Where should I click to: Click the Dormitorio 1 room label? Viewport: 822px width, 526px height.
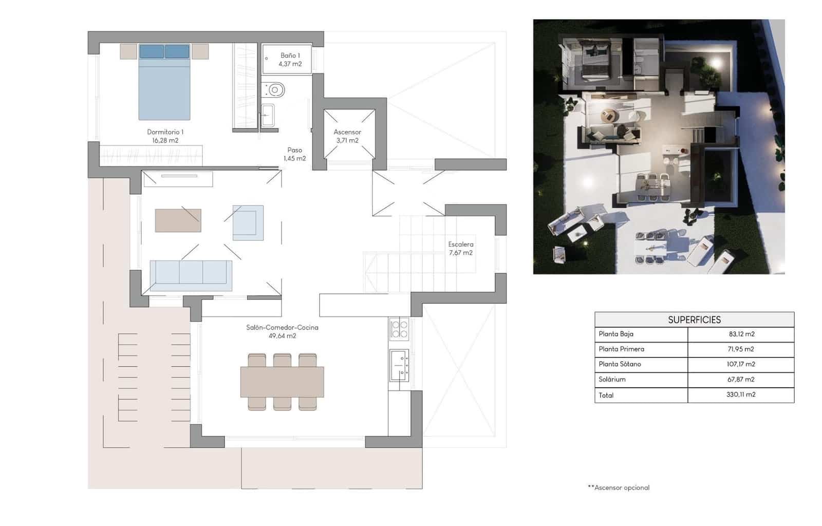pyautogui.click(x=165, y=132)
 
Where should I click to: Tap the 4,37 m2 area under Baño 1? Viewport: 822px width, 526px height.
pyautogui.click(x=290, y=64)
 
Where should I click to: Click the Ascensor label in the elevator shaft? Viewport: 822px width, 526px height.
pyautogui.click(x=347, y=132)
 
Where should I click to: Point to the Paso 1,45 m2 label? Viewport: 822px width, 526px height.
pyautogui.click(x=294, y=154)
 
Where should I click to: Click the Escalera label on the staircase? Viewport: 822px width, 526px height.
pyautogui.click(x=460, y=245)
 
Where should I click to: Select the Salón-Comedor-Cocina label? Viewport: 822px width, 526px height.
pyautogui.click(x=282, y=327)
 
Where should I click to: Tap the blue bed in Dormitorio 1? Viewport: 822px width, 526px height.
pyautogui.click(x=164, y=87)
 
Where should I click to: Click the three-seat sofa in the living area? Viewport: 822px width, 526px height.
pyautogui.click(x=191, y=272)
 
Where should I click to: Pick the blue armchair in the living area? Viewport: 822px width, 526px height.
pyautogui.click(x=248, y=223)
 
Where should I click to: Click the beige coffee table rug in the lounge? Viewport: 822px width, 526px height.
pyautogui.click(x=178, y=220)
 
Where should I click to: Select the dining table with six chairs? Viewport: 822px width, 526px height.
pyautogui.click(x=282, y=382)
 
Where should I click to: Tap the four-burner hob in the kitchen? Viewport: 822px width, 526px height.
pyautogui.click(x=399, y=329)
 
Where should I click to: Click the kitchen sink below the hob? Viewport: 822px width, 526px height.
pyautogui.click(x=399, y=365)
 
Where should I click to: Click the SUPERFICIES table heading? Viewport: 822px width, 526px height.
pyautogui.click(x=694, y=320)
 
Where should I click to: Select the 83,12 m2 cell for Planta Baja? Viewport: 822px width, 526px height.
pyautogui.click(x=741, y=334)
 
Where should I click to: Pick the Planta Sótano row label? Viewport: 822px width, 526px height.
pyautogui.click(x=620, y=364)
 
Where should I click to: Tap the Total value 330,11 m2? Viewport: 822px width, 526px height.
pyautogui.click(x=741, y=394)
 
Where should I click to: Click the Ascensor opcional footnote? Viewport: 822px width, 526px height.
pyautogui.click(x=619, y=487)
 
